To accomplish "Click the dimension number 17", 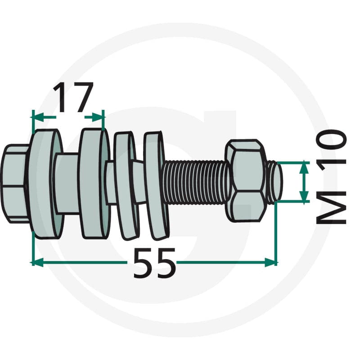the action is pos(73,97).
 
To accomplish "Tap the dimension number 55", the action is pos(154,263).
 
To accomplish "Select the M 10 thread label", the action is pos(331,176).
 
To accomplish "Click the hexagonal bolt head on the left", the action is pos(14,184).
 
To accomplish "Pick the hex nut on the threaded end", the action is pos(246,181).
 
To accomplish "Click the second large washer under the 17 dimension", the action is pos(94,183).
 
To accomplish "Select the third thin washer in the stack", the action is pos(126,186).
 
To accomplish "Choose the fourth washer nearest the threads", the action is pos(156,185).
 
